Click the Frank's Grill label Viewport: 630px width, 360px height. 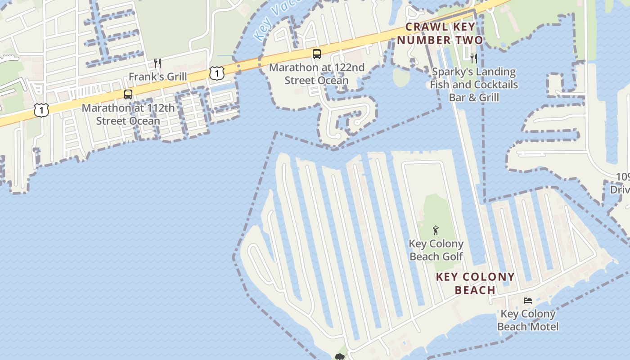pyautogui.click(x=157, y=76)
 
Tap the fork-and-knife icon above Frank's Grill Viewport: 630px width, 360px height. pyautogui.click(x=157, y=63)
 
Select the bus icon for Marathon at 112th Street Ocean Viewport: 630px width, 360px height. pyautogui.click(x=128, y=94)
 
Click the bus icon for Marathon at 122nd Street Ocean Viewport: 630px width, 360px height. pyautogui.click(x=317, y=54)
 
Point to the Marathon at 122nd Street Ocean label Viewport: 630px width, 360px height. pyautogui.click(x=316, y=74)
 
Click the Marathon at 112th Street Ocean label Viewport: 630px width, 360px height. pyautogui.click(x=128, y=114)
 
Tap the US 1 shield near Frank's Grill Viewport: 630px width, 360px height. pyautogui.click(x=217, y=72)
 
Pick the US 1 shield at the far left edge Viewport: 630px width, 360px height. pyautogui.click(x=41, y=110)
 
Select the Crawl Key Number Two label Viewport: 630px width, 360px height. pyautogui.click(x=440, y=33)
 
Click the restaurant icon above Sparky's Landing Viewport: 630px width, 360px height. pyautogui.click(x=473, y=58)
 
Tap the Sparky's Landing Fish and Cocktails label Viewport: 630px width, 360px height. pyautogui.click(x=474, y=85)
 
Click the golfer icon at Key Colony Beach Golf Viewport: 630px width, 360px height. pyautogui.click(x=435, y=231)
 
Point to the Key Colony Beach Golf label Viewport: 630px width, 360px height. pyautogui.click(x=436, y=250)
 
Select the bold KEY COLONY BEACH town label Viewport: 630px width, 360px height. pyautogui.click(x=475, y=283)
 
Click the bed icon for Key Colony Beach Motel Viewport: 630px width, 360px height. pyautogui.click(x=528, y=300)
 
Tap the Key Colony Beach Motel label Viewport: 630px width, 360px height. pyautogui.click(x=528, y=320)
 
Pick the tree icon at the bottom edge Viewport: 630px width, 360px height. pyautogui.click(x=339, y=357)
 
